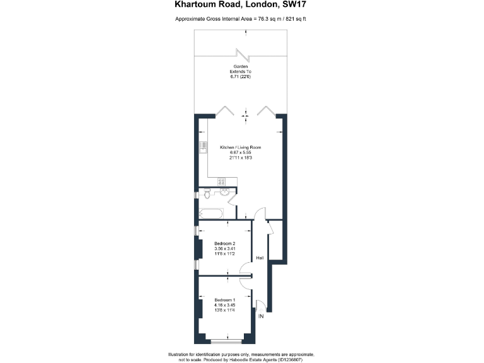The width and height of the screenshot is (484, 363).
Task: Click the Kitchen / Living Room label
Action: coord(240,147)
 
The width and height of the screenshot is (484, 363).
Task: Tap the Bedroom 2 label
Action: coord(224,244)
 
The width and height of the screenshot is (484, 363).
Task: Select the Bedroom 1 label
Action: coord(224,299)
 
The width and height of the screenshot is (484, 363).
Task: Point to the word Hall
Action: coord(260,257)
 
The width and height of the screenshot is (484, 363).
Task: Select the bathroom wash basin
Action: coord(226,192)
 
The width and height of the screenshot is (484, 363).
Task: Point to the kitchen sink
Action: coord(203,147)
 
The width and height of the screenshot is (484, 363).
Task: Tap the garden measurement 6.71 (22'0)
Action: coord(239,78)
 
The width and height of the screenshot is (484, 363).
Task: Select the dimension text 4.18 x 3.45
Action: coord(224,304)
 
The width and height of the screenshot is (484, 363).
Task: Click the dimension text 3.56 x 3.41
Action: coord(224,249)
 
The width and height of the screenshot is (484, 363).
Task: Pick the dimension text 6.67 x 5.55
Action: coord(240,153)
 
